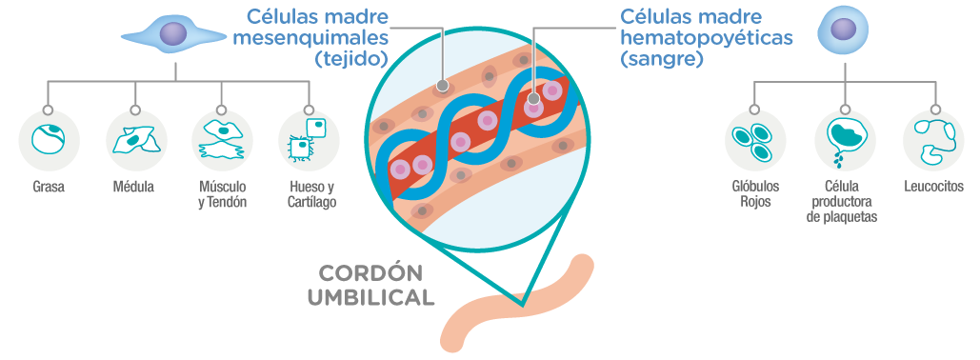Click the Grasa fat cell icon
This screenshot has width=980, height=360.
(x=48, y=141)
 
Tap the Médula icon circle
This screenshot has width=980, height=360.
(x=135, y=141)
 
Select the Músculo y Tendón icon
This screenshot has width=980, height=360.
(x=222, y=141)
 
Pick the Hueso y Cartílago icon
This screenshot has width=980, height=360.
(x=309, y=141)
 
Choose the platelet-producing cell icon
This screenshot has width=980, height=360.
(x=844, y=141)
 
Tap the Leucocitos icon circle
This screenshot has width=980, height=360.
(x=932, y=141)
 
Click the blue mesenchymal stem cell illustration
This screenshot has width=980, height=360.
(x=174, y=36)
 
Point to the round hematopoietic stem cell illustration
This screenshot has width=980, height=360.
(x=843, y=30)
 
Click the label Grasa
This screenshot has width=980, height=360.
(x=48, y=188)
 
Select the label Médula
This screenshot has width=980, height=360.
(x=134, y=188)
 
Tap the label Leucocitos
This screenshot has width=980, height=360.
(x=933, y=188)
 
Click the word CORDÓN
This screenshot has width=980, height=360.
(x=370, y=271)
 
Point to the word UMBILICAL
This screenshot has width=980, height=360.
(x=370, y=297)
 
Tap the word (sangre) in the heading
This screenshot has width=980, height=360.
(x=662, y=59)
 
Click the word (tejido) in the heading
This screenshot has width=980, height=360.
(x=351, y=59)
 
